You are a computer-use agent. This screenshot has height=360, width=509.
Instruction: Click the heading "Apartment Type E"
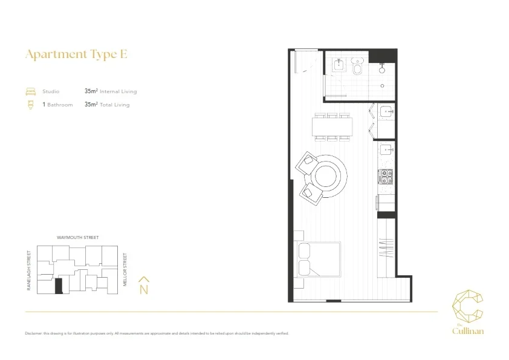pyautogui.click(x=76, y=54)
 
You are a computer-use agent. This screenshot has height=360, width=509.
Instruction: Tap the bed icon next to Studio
pyautogui.click(x=30, y=92)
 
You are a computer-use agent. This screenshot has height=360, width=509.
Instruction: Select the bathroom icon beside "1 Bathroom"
pyautogui.click(x=30, y=105)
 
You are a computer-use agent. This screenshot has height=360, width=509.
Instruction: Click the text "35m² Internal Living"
pyautogui.click(x=111, y=92)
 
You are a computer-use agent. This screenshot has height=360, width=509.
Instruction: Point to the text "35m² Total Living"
pyautogui.click(x=107, y=105)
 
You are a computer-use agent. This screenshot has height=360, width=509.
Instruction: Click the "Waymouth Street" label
pyautogui.click(x=77, y=238)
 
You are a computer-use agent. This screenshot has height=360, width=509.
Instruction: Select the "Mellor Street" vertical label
pyautogui.click(x=125, y=270)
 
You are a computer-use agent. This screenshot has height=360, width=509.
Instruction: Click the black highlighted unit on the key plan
pyautogui.click(x=58, y=286)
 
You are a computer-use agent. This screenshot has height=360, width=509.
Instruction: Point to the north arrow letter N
pyautogui.click(x=144, y=289)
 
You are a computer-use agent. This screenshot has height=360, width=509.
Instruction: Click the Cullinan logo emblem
pyautogui.click(x=468, y=307)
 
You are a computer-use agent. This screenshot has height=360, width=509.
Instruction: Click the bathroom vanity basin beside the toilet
pyautogui.click(x=339, y=65)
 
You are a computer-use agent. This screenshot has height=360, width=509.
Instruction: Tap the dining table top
pyautogui.click(x=332, y=126)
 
